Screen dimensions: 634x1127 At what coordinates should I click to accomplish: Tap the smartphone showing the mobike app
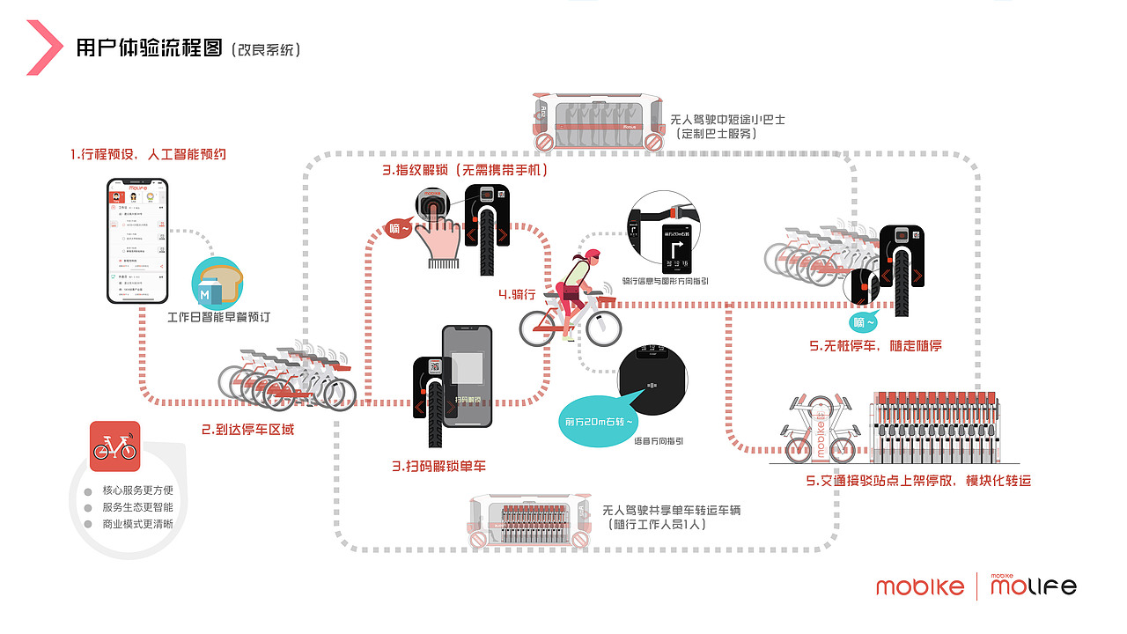[x=137, y=240]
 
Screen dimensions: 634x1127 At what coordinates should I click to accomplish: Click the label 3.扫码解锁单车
[x=438, y=465]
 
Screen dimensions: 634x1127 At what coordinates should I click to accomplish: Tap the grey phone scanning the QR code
[x=467, y=377]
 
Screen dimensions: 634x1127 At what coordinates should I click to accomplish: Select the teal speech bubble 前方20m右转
[x=594, y=421]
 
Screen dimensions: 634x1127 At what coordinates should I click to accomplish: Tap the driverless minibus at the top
[x=600, y=122]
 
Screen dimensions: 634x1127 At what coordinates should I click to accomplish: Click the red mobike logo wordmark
[x=919, y=587]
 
